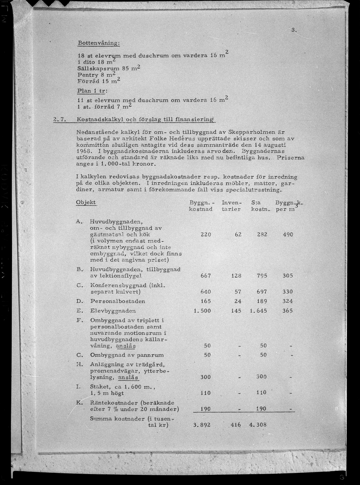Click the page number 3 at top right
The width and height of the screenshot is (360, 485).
pos(294,30)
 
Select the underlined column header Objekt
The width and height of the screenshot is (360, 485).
pos(86,202)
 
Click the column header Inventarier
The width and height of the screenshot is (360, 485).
pos(231,206)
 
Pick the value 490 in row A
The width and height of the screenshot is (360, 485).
pos(288,234)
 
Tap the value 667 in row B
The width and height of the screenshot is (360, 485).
pos(206,276)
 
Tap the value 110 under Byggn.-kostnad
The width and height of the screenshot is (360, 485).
pos(206,392)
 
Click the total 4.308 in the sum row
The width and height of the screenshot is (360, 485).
pos(258,425)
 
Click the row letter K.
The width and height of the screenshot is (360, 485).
pos(79,403)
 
